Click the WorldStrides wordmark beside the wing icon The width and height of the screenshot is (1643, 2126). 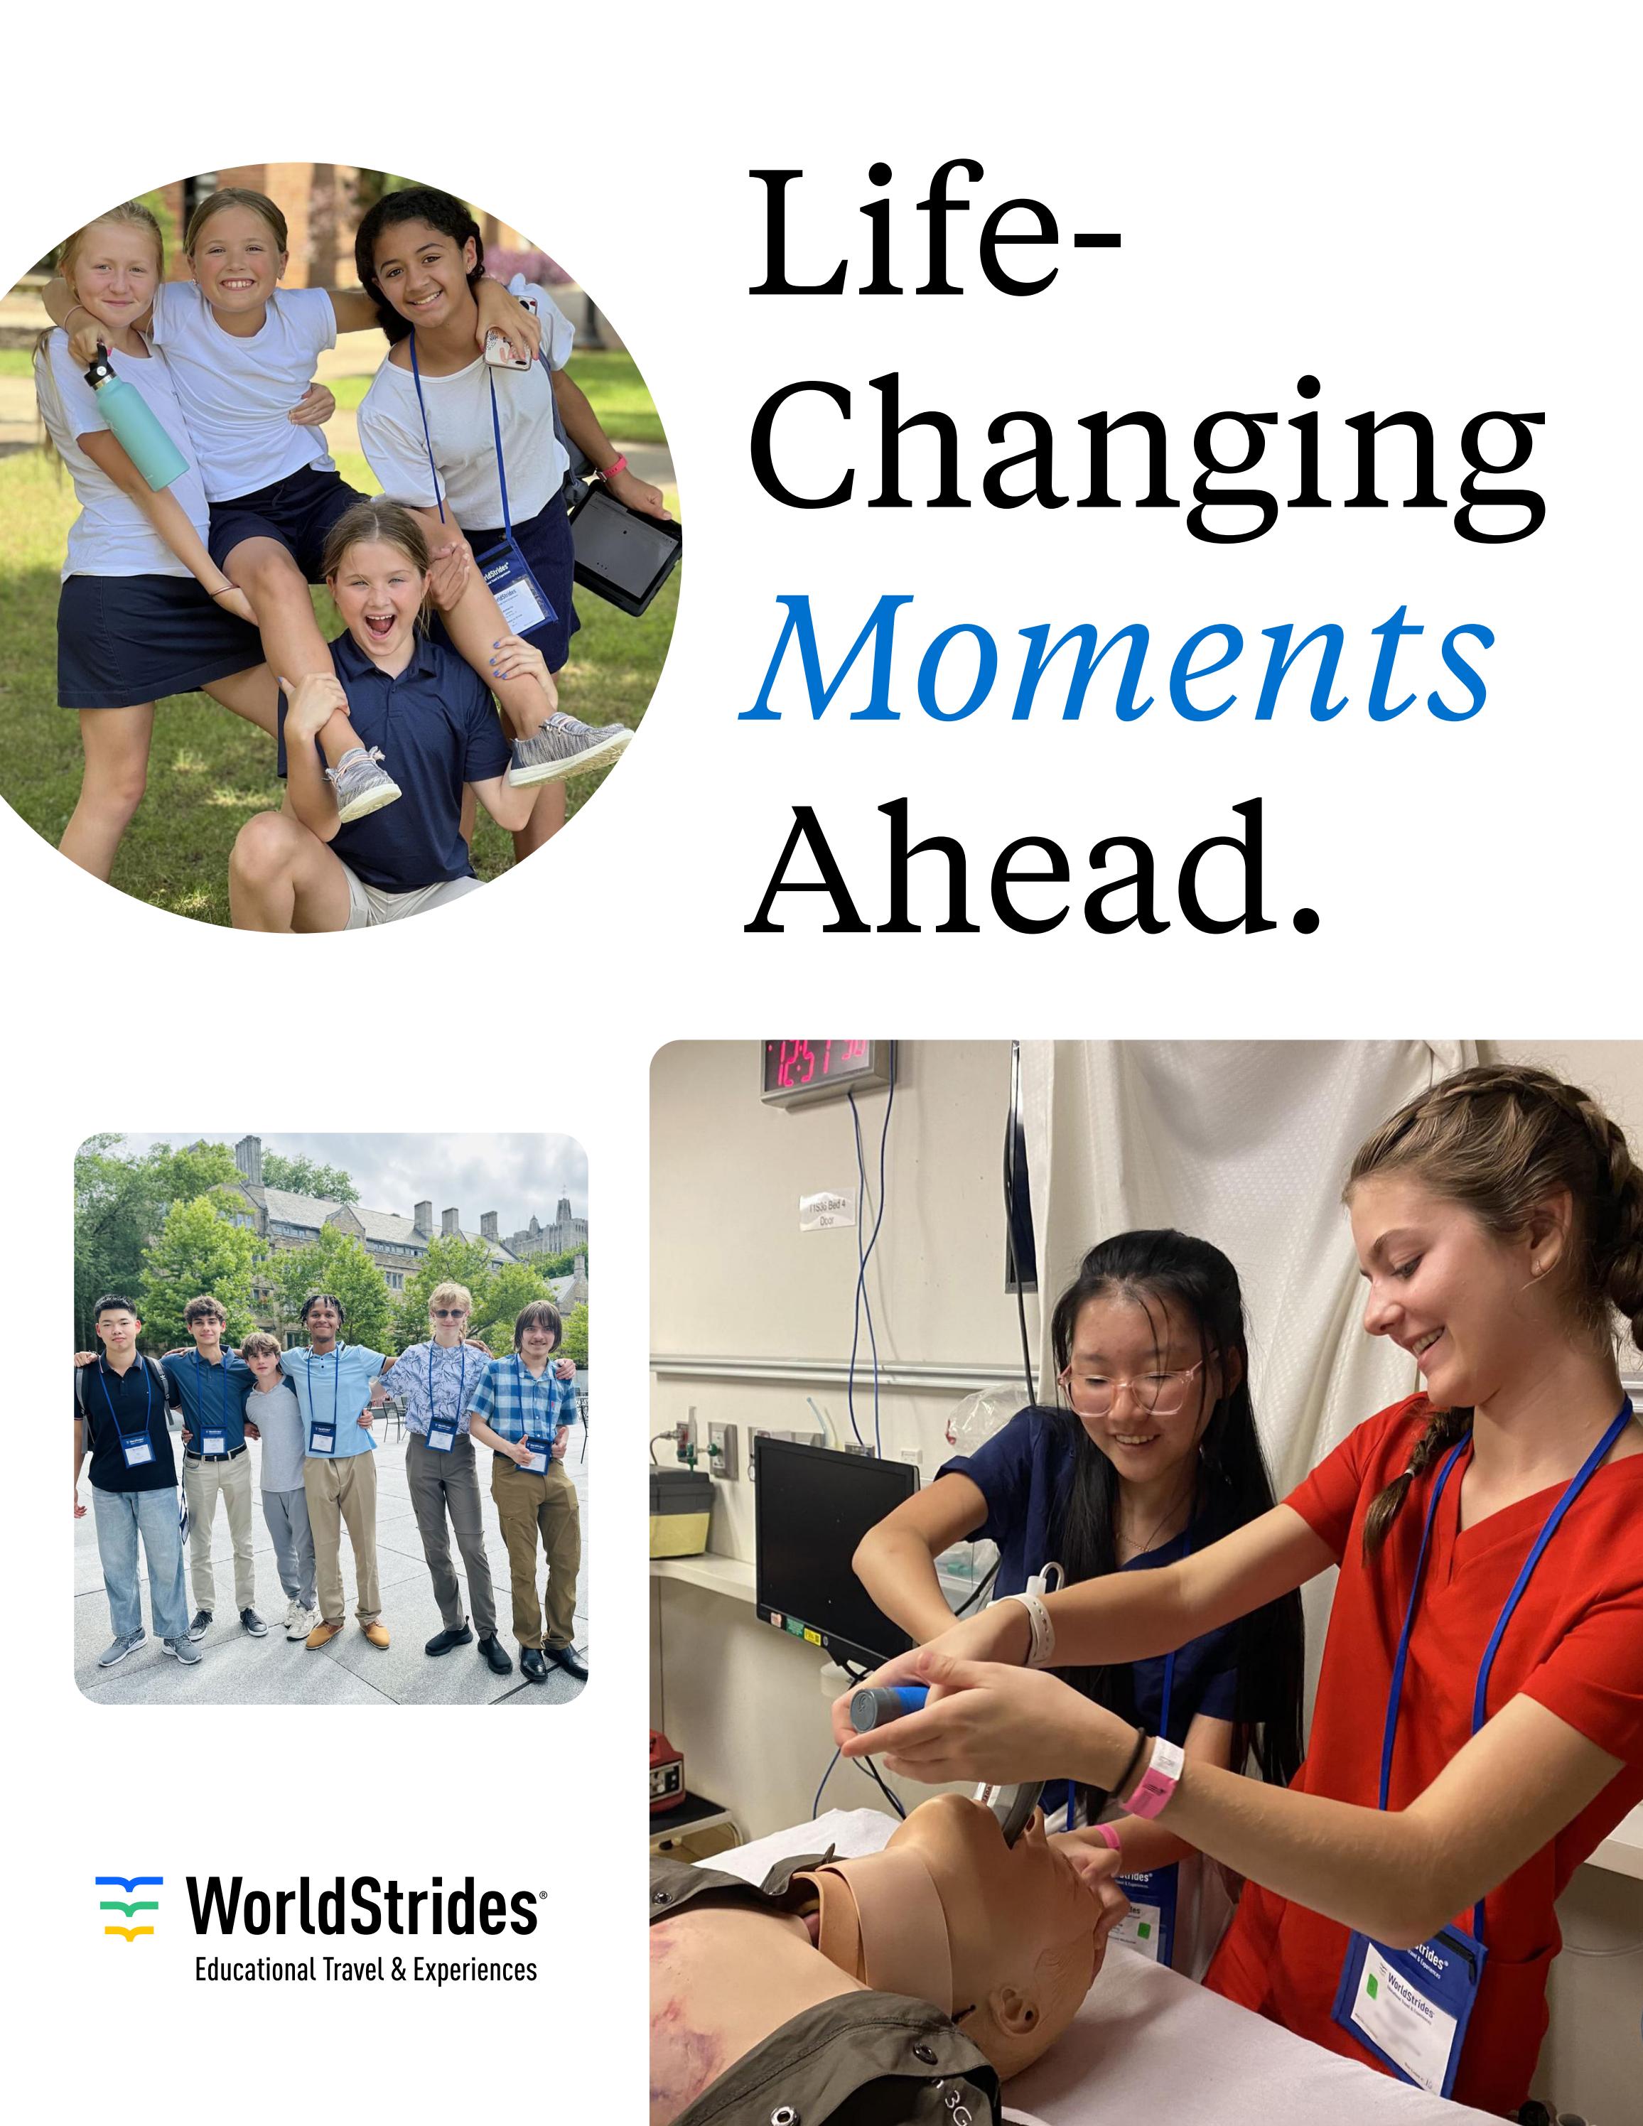[362, 1907]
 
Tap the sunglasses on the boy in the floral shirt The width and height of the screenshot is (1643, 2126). [448, 1313]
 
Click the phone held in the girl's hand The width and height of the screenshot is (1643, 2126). [507, 347]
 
